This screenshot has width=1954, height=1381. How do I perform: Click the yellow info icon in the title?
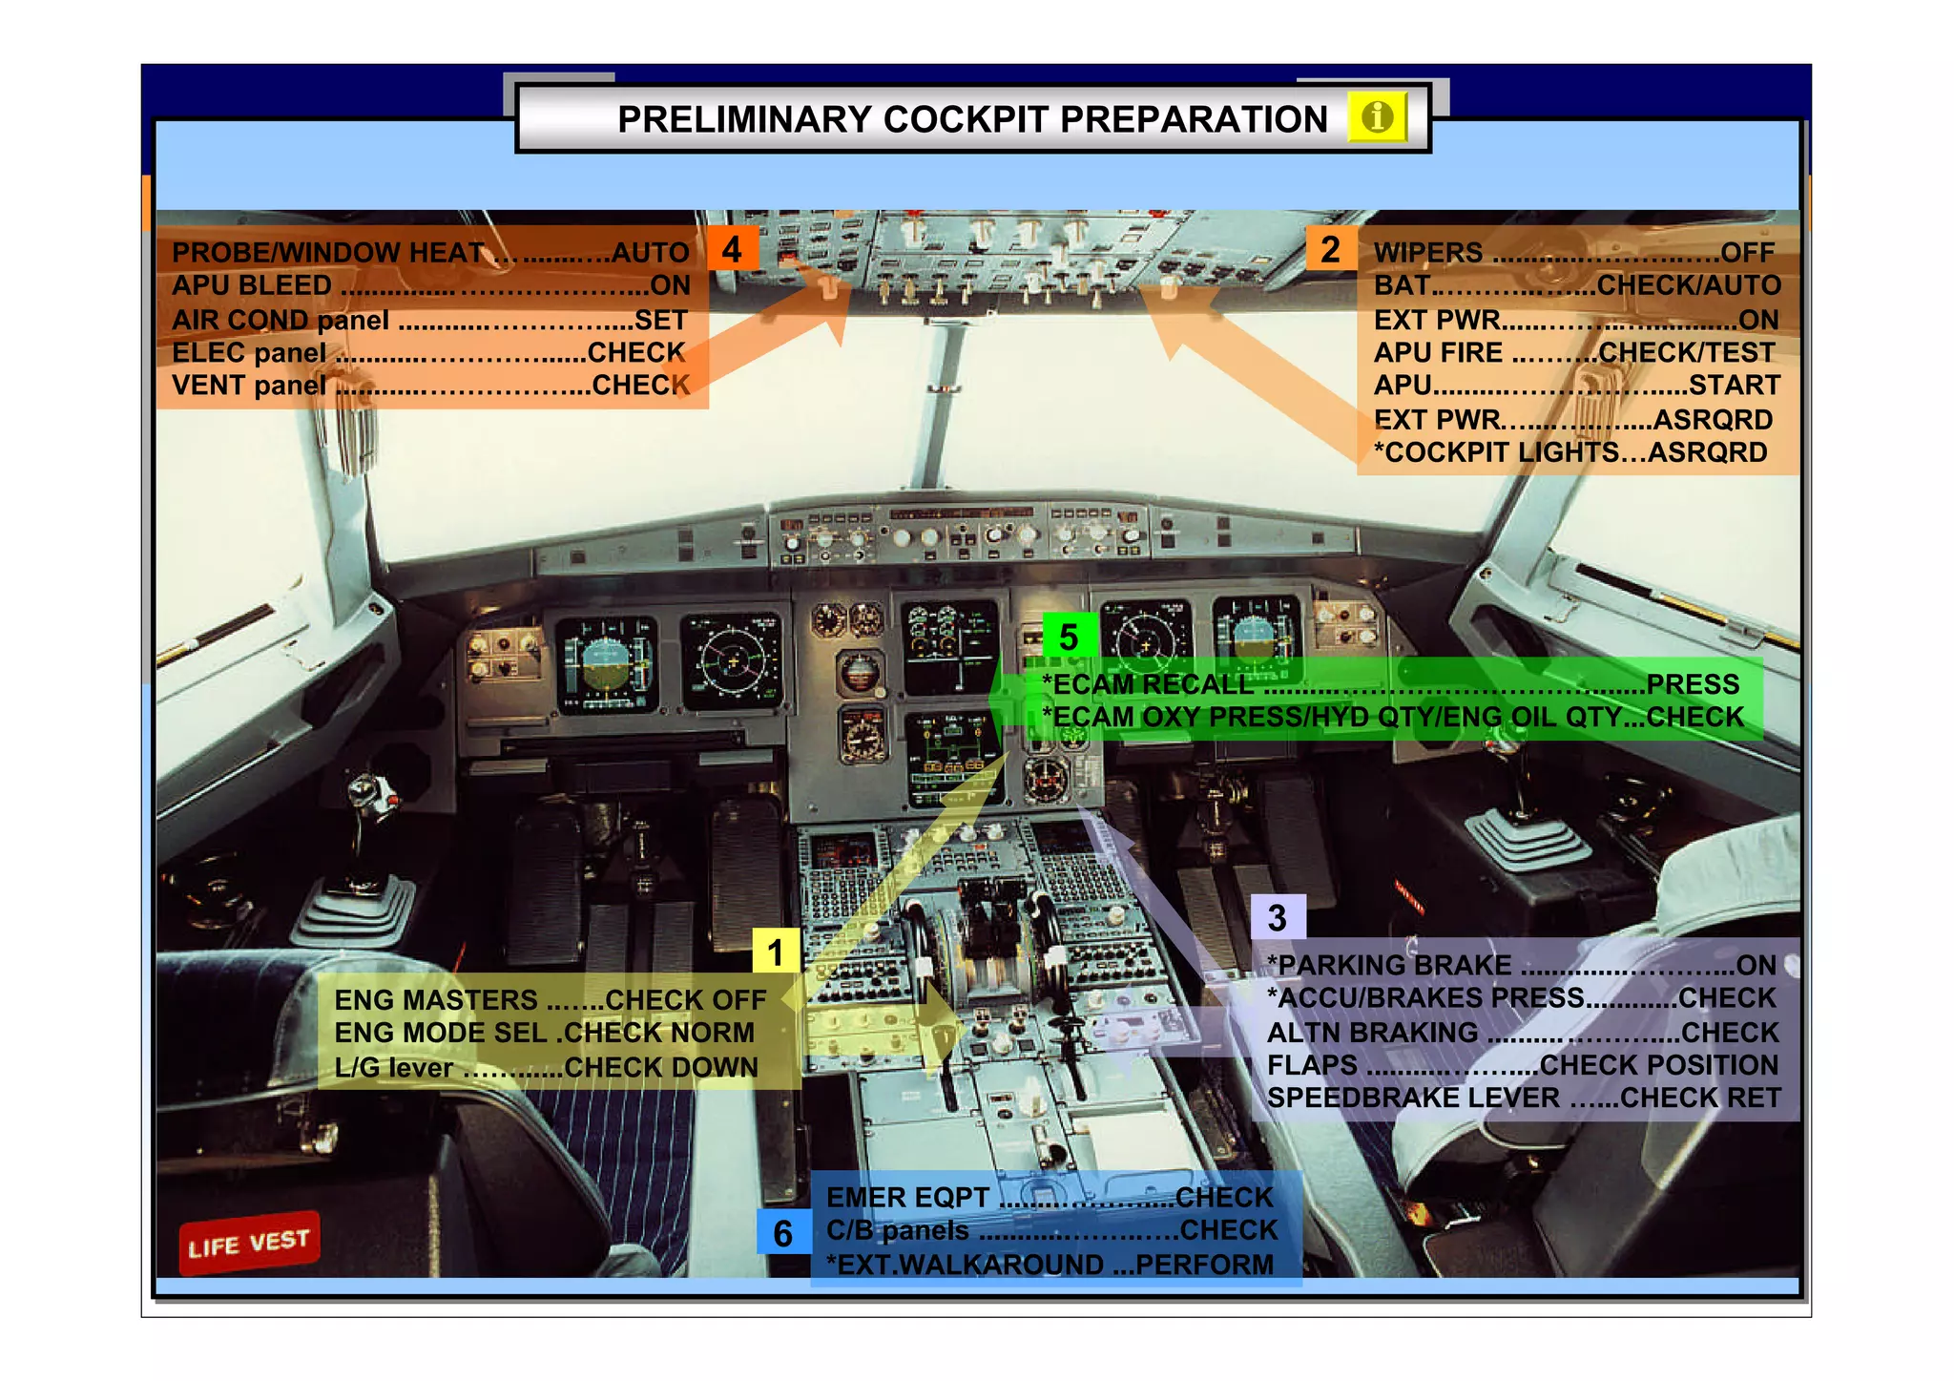[x=1377, y=118]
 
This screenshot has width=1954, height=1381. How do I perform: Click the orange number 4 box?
[x=732, y=249]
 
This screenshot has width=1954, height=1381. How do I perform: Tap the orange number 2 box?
[x=1330, y=249]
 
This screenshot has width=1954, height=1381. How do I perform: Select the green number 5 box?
[x=1069, y=637]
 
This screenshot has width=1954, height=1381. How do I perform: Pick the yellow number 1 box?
[x=776, y=952]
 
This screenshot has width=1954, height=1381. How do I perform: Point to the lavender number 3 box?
[x=1278, y=918]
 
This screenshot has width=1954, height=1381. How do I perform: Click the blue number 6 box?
[x=783, y=1233]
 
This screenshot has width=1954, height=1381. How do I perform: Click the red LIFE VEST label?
[x=249, y=1243]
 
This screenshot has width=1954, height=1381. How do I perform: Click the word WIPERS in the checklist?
[x=1428, y=253]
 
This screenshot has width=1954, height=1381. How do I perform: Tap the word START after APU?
[x=1734, y=386]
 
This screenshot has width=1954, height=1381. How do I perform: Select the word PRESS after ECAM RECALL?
[x=1693, y=684]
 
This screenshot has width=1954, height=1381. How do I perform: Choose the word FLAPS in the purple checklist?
[x=1312, y=1065]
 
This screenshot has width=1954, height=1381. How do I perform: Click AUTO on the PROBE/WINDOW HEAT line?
[x=650, y=253]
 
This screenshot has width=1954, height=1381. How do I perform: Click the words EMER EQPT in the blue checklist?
[x=907, y=1198]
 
